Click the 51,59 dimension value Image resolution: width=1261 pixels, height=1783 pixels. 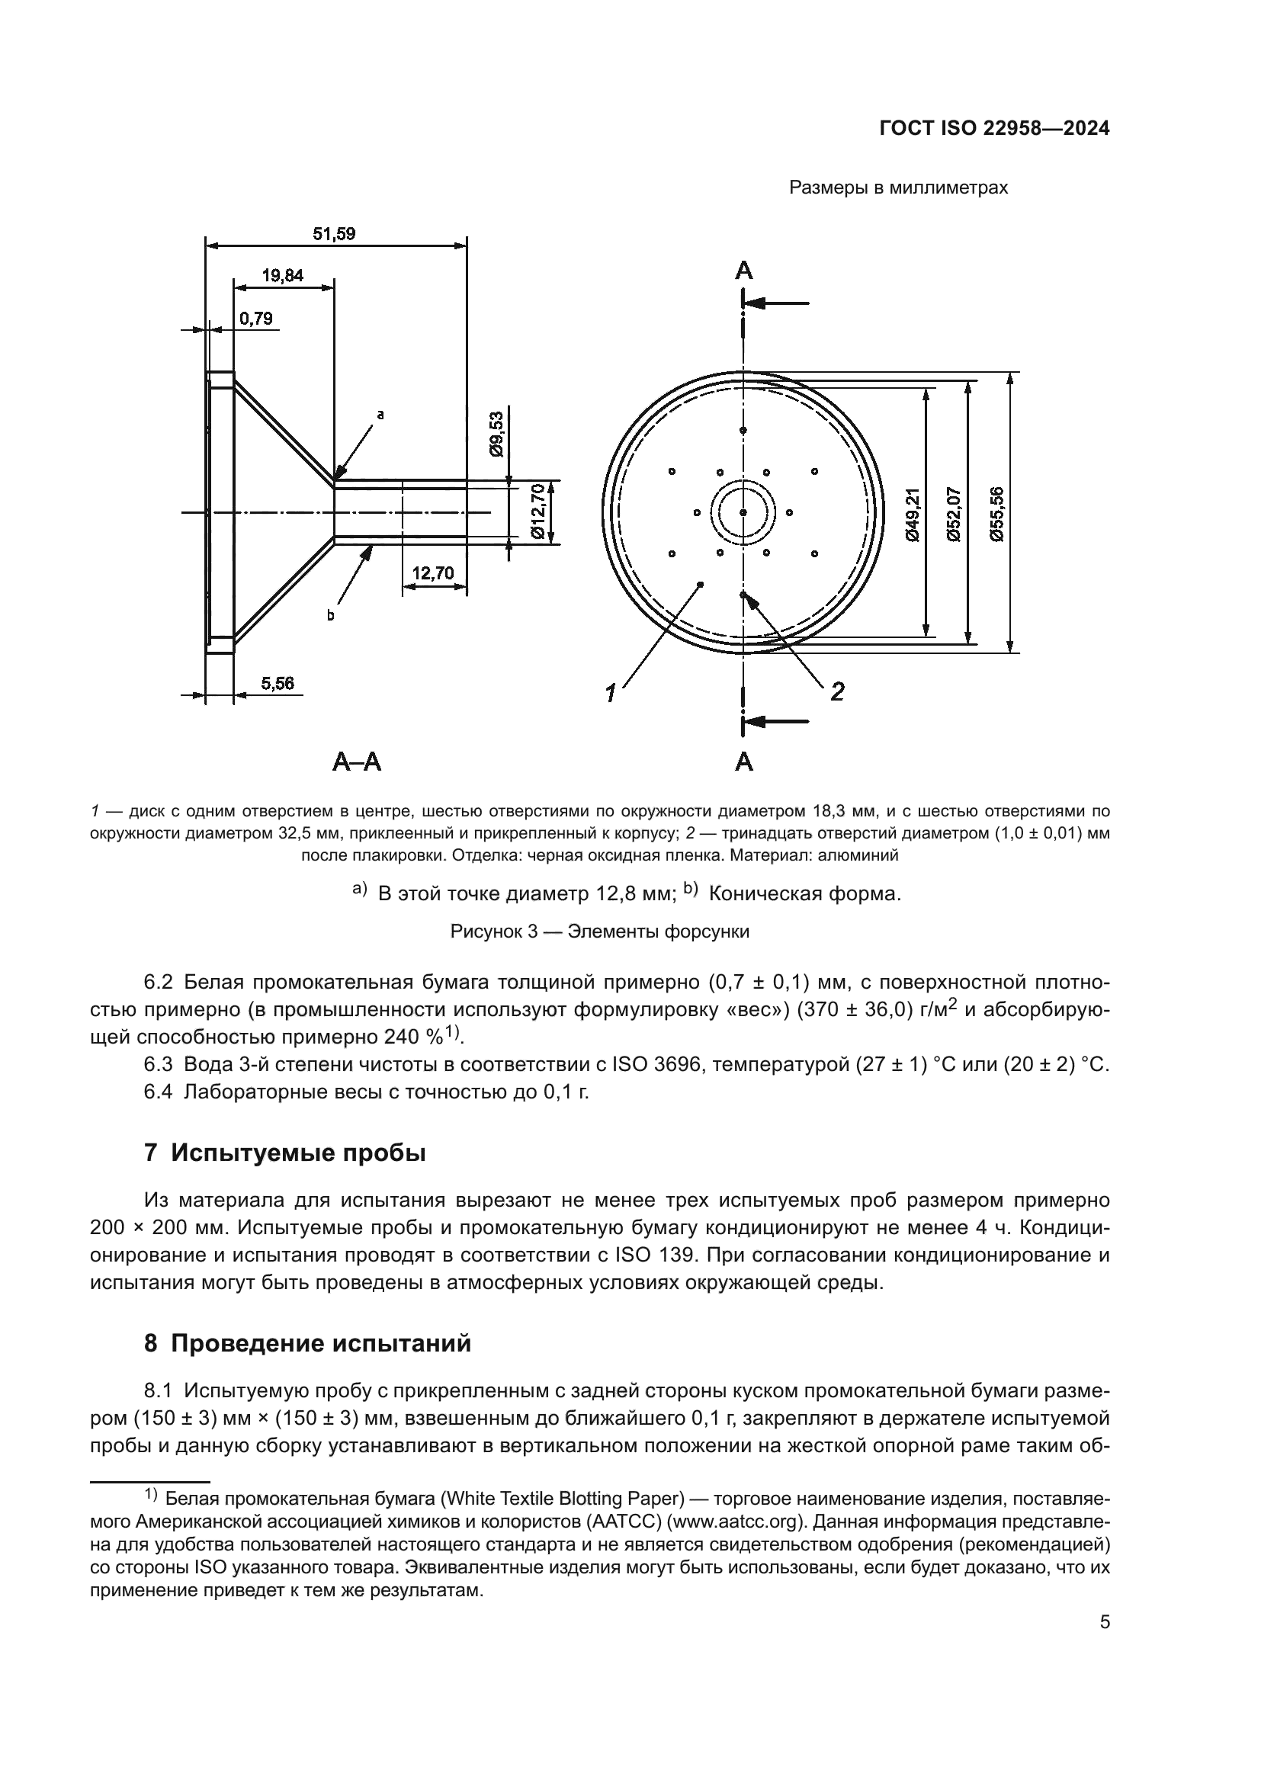coord(334,234)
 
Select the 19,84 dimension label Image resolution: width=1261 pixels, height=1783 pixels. coord(283,276)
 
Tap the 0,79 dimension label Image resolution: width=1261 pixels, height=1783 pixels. coord(255,319)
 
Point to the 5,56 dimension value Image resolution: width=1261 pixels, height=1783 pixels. coord(278,683)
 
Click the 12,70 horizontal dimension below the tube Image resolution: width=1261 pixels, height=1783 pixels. coord(432,573)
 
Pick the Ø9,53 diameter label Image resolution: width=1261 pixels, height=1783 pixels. coord(497,434)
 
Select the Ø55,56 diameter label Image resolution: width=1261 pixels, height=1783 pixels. coord(997,513)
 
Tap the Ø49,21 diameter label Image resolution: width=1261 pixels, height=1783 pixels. coord(913,513)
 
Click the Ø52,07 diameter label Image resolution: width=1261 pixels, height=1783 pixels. coord(955,513)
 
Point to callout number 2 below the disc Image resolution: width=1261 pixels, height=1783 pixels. coord(837,691)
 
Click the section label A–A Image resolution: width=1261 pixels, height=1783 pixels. coord(357,762)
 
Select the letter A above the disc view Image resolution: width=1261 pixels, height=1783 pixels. coord(744,271)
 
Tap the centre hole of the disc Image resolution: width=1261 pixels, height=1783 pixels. coord(743,512)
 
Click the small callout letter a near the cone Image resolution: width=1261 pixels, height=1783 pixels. coord(380,415)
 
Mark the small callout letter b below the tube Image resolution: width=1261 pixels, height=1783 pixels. coord(330,616)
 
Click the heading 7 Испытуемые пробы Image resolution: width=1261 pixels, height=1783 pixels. coord(285,1153)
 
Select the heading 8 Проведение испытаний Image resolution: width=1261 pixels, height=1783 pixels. coord(307,1343)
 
